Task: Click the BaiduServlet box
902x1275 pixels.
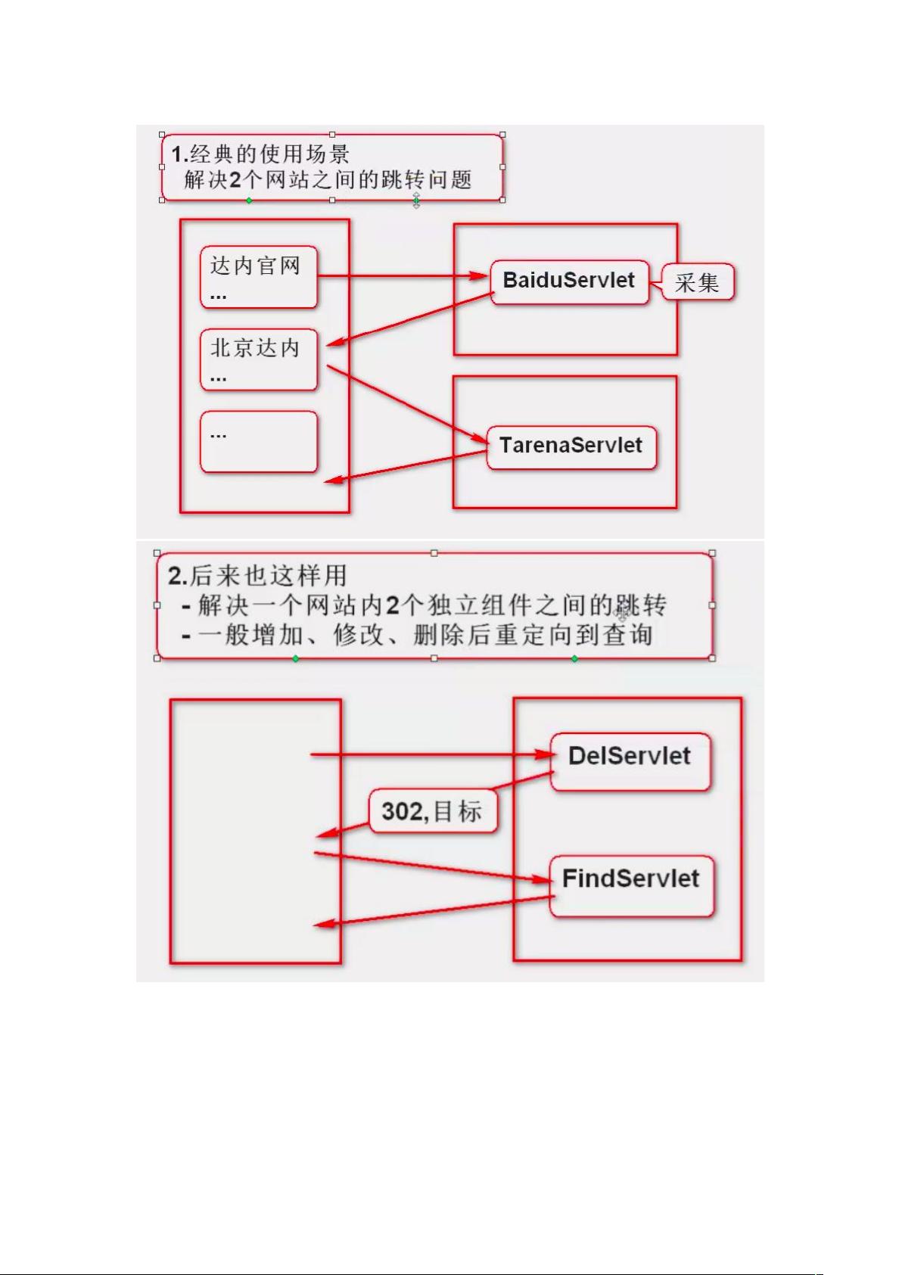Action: [569, 282]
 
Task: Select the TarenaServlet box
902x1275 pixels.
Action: [571, 446]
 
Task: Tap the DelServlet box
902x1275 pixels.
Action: [630, 760]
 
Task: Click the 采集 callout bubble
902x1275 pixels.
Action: [698, 283]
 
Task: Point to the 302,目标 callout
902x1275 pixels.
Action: [433, 812]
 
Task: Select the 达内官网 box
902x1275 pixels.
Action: [258, 277]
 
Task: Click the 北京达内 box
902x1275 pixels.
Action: [258, 359]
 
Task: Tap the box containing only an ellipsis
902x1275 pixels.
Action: [258, 442]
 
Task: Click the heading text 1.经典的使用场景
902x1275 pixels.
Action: [260, 154]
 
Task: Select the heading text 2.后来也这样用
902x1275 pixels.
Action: [257, 576]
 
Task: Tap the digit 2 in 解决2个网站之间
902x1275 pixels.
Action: [235, 180]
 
